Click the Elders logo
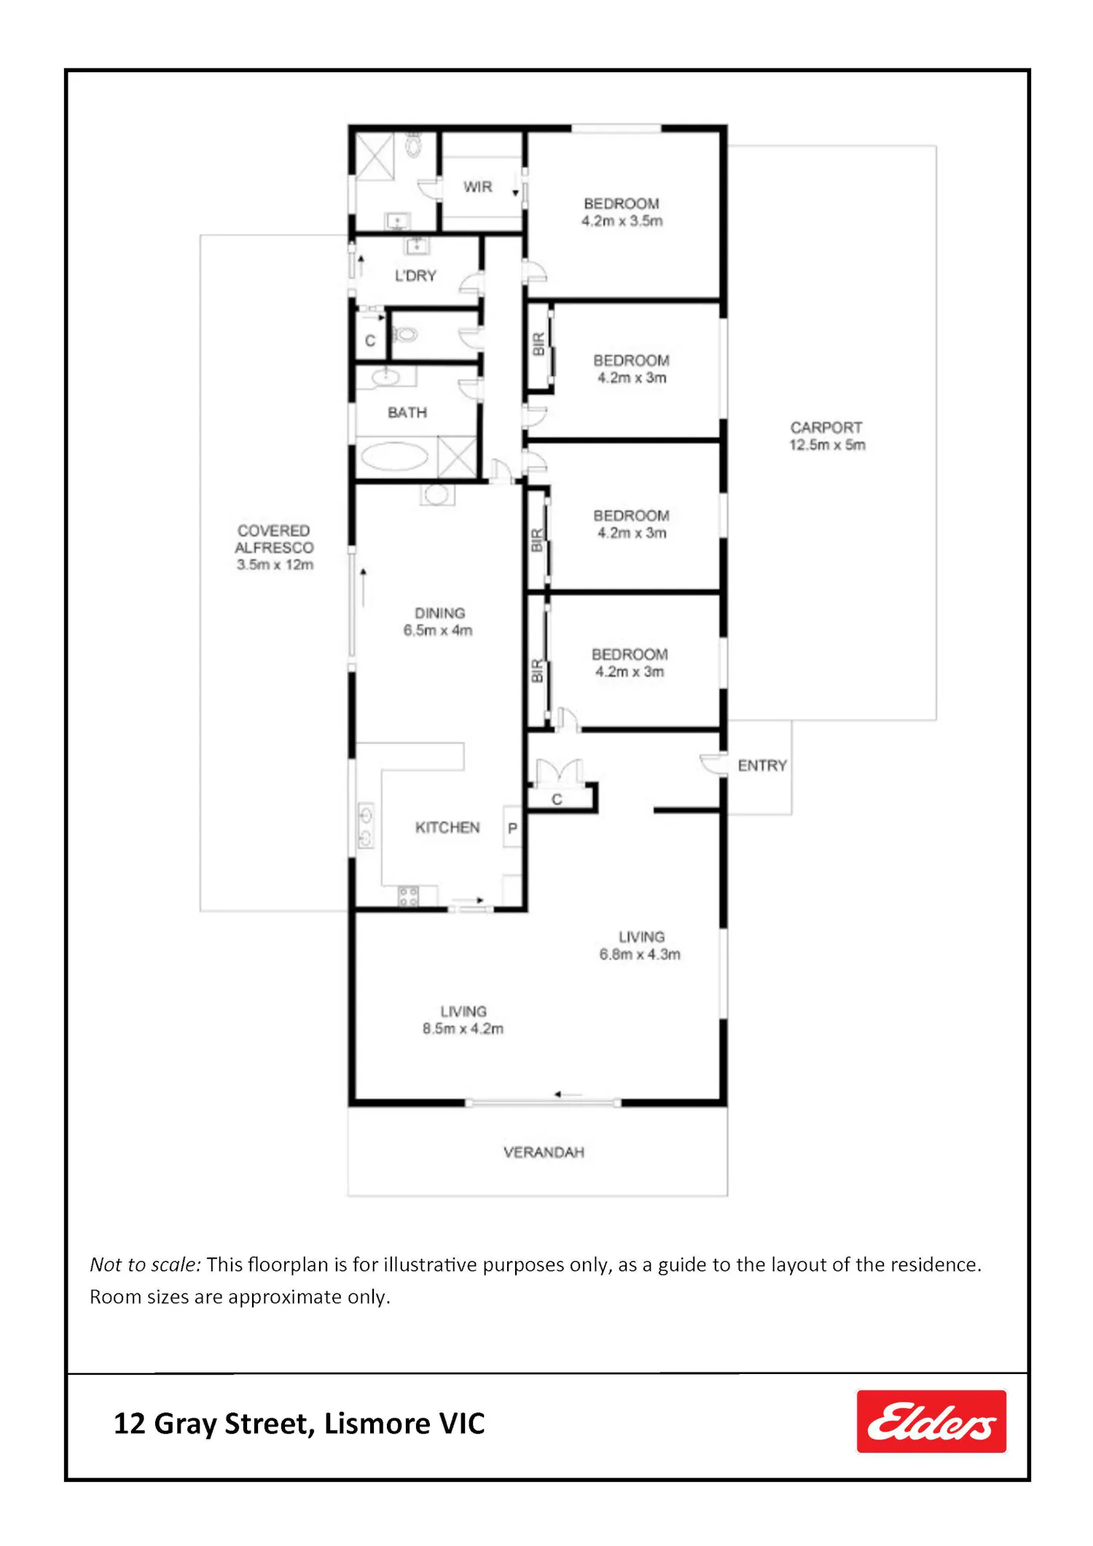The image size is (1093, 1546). [931, 1421]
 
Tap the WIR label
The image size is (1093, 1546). [478, 187]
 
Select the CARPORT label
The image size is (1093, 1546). [826, 428]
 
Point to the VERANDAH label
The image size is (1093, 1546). [544, 1152]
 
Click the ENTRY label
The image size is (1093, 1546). [762, 765]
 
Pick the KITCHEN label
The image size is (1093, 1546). [447, 827]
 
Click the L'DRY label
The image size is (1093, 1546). [415, 276]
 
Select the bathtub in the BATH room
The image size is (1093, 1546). [394, 457]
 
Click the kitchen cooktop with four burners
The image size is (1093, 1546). [408, 897]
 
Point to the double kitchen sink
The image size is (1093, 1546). [366, 826]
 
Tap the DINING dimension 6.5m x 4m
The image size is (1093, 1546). [438, 630]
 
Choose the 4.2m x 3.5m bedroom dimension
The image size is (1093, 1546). [622, 221]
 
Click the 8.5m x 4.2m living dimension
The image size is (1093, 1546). [463, 1028]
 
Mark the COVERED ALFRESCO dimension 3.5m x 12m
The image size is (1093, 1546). [275, 565]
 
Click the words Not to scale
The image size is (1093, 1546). [145, 1265]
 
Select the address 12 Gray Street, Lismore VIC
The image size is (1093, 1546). [299, 1424]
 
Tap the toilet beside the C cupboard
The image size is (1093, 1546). [405, 335]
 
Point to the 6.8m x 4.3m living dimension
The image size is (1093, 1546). [640, 954]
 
